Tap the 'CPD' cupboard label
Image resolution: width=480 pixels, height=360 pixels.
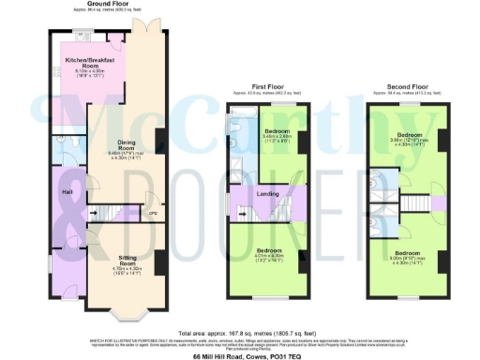[152, 213]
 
